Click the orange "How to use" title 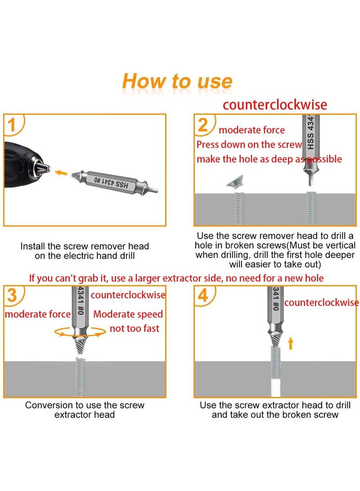pyautogui.click(x=177, y=81)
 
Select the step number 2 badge pyautogui.click(x=204, y=126)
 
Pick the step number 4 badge pyautogui.click(x=204, y=296)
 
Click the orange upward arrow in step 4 pyautogui.click(x=290, y=344)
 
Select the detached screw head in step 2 pyautogui.click(x=239, y=182)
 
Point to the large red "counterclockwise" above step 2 pyautogui.click(x=275, y=105)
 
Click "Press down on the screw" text pyautogui.click(x=249, y=144)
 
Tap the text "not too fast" pyautogui.click(x=134, y=329)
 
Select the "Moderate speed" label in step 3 pyautogui.click(x=128, y=314)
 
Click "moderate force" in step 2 pyautogui.click(x=252, y=130)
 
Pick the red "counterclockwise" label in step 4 pyautogui.click(x=321, y=302)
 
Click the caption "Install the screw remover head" pyautogui.click(x=85, y=246)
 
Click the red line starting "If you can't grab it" pyautogui.click(x=176, y=278)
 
